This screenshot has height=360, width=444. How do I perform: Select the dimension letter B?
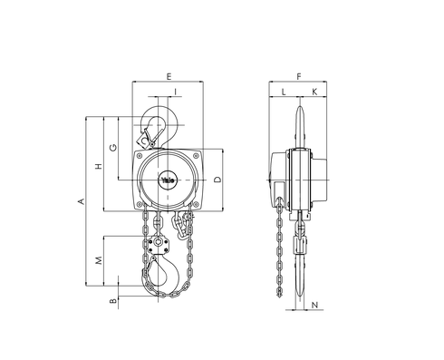tap(111, 301)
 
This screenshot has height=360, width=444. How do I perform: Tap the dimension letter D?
tap(218, 180)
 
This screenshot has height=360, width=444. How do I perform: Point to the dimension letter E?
tap(170, 76)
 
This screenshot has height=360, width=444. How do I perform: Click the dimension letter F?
tap(298, 76)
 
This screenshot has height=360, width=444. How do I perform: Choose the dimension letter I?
tap(174, 92)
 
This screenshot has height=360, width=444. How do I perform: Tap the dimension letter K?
tap(314, 92)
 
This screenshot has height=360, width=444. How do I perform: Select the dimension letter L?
tap(284, 92)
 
